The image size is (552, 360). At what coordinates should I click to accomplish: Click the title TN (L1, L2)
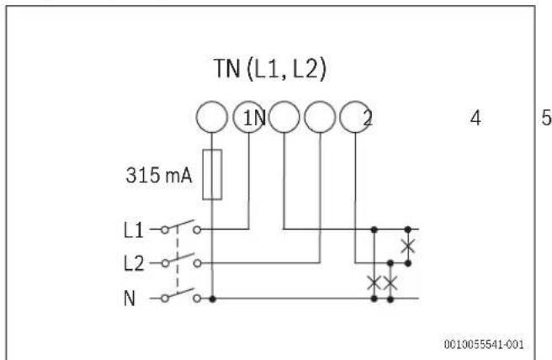(x=270, y=69)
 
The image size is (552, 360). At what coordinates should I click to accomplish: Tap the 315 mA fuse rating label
(x=159, y=175)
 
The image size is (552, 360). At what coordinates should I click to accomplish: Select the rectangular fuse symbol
(x=212, y=175)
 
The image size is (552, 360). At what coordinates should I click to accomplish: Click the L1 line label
(x=134, y=230)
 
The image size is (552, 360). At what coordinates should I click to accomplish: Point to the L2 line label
(x=134, y=263)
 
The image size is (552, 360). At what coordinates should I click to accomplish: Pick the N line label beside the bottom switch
(x=130, y=299)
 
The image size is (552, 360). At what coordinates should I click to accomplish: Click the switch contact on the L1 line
(x=181, y=226)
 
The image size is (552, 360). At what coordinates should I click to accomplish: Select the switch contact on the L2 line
(x=181, y=260)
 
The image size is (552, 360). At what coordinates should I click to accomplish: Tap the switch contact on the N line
(x=181, y=295)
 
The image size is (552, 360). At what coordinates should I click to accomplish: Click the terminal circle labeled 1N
(x=248, y=117)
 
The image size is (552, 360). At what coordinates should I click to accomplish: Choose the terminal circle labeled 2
(x=355, y=117)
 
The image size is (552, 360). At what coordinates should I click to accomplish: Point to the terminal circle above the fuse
(x=211, y=117)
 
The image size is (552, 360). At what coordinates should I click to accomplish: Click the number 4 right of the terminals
(x=475, y=119)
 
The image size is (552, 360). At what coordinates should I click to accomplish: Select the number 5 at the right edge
(x=546, y=118)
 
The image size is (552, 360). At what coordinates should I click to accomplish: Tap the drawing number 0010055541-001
(x=484, y=344)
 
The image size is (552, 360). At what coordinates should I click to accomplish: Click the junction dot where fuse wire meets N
(x=212, y=299)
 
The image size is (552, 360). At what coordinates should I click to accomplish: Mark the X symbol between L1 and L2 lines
(x=408, y=246)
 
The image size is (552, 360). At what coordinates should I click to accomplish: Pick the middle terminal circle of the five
(x=284, y=117)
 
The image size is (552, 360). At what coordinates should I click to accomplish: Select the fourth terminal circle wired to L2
(x=320, y=117)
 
